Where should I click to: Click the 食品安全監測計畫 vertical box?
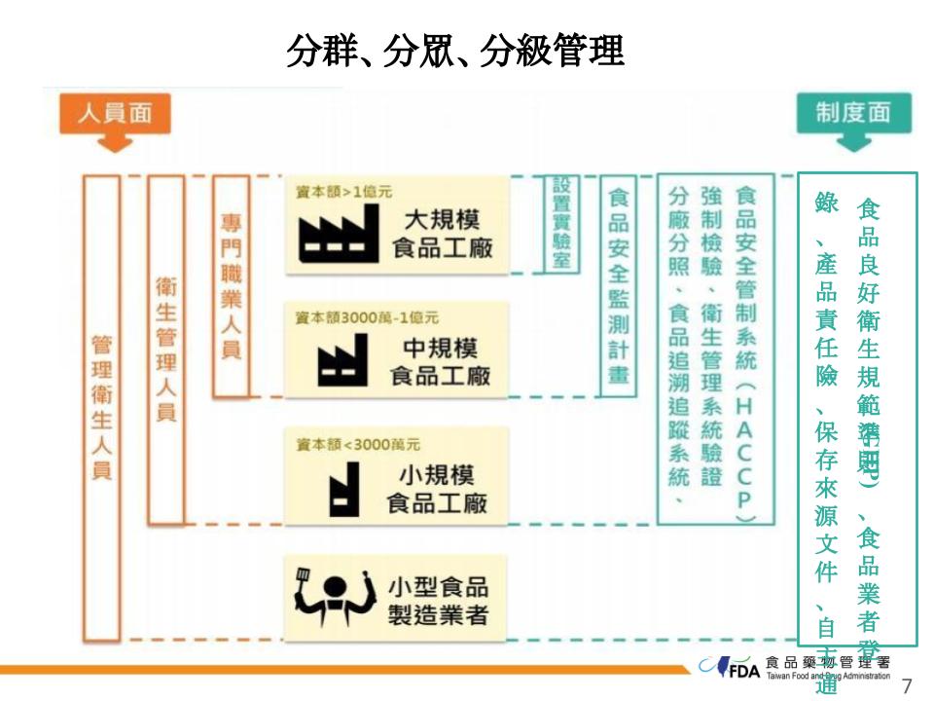617,285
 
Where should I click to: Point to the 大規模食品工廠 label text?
442,233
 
